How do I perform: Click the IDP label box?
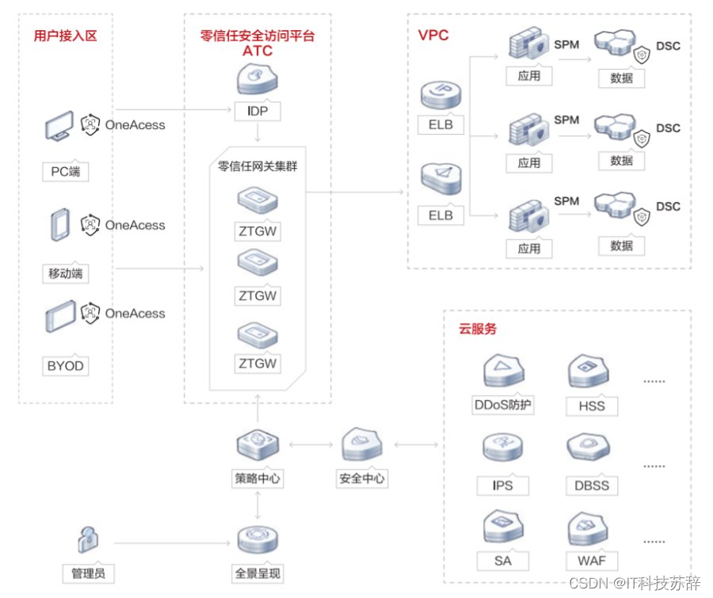tap(257, 112)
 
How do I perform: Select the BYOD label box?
tap(65, 366)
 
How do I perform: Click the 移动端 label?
tap(65, 274)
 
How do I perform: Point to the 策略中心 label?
tap(257, 478)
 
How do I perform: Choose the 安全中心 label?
tap(362, 478)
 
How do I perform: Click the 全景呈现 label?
tap(257, 573)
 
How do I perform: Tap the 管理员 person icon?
tap(87, 540)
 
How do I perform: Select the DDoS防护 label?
tap(502, 406)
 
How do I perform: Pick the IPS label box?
tap(502, 485)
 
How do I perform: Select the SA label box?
tap(502, 561)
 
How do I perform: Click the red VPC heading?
tap(433, 36)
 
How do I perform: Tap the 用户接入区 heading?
tap(65, 36)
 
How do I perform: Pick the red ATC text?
tap(257, 51)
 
